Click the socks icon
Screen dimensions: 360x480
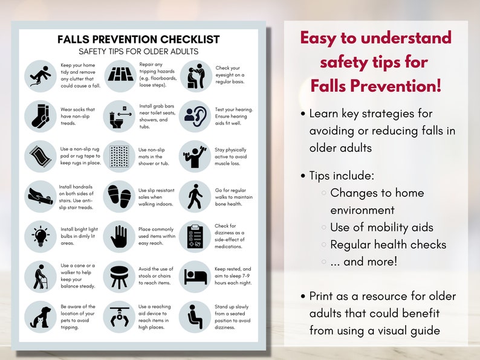click(x=40, y=116)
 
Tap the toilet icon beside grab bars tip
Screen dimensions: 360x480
click(x=118, y=116)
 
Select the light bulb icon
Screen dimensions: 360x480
click(x=40, y=236)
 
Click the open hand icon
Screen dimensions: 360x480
click(x=118, y=236)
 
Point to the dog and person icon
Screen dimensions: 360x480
click(x=40, y=317)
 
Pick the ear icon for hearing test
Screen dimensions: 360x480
click(x=195, y=116)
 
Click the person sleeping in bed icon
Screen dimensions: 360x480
click(x=195, y=276)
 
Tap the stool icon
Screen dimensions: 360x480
click(x=118, y=276)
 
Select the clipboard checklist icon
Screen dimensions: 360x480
click(x=195, y=236)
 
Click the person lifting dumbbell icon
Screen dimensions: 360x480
click(x=195, y=156)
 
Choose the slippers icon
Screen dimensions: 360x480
click(x=118, y=196)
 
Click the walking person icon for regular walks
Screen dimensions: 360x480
click(x=195, y=196)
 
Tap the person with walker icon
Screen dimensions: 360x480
click(x=40, y=276)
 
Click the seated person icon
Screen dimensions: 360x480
click(x=195, y=317)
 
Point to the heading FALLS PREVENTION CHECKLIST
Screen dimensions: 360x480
click(x=138, y=40)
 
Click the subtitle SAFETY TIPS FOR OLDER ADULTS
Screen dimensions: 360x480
click(x=138, y=52)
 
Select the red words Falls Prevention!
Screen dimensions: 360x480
click(x=375, y=86)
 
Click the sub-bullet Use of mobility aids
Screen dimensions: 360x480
click(x=381, y=228)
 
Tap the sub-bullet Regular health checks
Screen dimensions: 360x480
click(x=388, y=245)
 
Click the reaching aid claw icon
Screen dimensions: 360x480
click(x=118, y=317)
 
